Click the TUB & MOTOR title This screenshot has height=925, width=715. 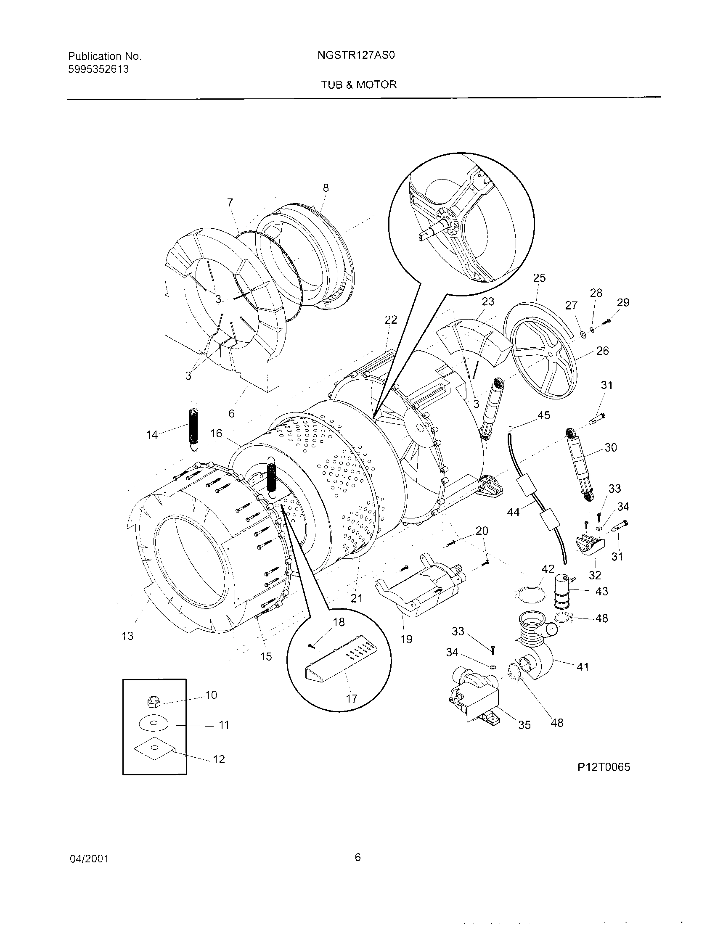(358, 85)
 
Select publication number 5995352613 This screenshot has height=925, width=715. (98, 69)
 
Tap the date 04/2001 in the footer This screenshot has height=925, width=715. (89, 859)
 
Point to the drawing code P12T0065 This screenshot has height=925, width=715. (604, 767)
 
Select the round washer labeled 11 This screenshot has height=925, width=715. (153, 724)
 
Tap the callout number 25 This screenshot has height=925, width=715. (539, 278)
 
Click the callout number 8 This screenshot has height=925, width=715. (325, 188)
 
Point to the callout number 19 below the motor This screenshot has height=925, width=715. (406, 639)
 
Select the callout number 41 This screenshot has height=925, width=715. (583, 667)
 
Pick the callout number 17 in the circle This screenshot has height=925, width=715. (352, 698)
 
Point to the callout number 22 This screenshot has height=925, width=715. (391, 320)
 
